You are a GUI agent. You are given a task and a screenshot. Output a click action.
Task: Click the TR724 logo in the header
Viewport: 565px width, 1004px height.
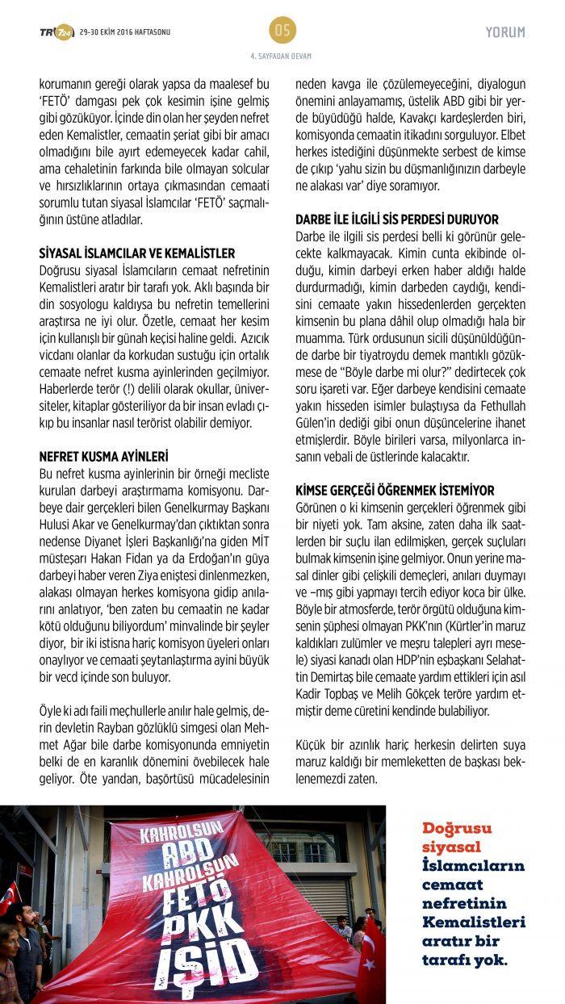(56, 32)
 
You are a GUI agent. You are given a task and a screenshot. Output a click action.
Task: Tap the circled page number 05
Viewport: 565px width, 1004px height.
(282, 31)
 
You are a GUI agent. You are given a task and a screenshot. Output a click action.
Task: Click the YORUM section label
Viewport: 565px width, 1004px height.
(505, 32)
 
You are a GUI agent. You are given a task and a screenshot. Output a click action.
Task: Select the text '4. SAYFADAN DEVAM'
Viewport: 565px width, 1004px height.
(282, 56)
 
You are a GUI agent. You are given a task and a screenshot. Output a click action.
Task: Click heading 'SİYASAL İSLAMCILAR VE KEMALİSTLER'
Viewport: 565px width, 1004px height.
(137, 253)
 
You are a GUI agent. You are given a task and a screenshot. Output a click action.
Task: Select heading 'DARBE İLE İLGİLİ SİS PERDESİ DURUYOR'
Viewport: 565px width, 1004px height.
(397, 220)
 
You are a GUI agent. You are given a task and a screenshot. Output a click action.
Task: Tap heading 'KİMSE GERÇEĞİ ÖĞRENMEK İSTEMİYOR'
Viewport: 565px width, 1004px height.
(395, 491)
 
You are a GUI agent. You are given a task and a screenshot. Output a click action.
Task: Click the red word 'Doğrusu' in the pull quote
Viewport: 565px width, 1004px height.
(457, 828)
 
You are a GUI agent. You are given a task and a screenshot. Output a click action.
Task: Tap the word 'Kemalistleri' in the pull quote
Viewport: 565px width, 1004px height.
(473, 922)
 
